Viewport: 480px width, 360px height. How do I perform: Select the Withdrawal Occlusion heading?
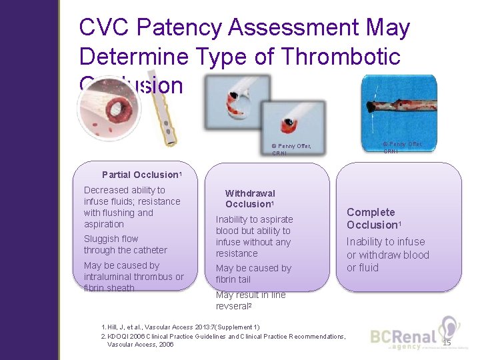coord(250,199)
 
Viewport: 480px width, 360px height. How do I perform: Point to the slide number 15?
coord(446,343)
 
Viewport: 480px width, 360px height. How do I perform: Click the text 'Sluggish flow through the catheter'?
coord(125,244)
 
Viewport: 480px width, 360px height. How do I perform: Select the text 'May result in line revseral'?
coord(250,300)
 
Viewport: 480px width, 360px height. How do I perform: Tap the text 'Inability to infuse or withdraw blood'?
coord(387,248)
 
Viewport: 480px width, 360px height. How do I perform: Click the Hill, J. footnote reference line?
coord(180,327)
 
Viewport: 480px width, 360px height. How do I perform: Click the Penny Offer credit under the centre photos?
coord(291,149)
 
